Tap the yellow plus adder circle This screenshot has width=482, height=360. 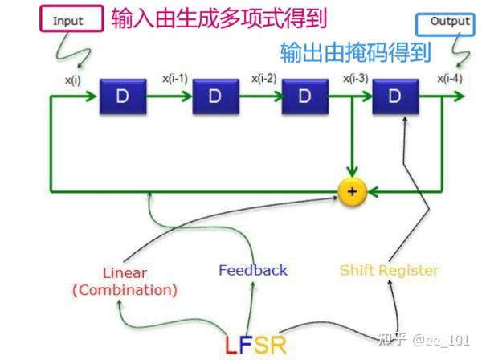click(x=351, y=192)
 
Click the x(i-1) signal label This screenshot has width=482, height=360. click(x=174, y=79)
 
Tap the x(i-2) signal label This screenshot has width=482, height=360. click(x=265, y=79)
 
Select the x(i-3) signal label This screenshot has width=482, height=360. click(x=357, y=79)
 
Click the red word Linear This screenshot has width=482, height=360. click(x=125, y=273)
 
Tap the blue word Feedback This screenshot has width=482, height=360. click(x=252, y=270)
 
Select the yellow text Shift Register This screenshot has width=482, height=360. click(x=390, y=270)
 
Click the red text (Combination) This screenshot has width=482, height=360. click(x=125, y=290)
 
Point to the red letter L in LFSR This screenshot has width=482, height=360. click(x=231, y=346)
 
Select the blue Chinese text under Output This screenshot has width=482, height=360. click(x=355, y=53)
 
